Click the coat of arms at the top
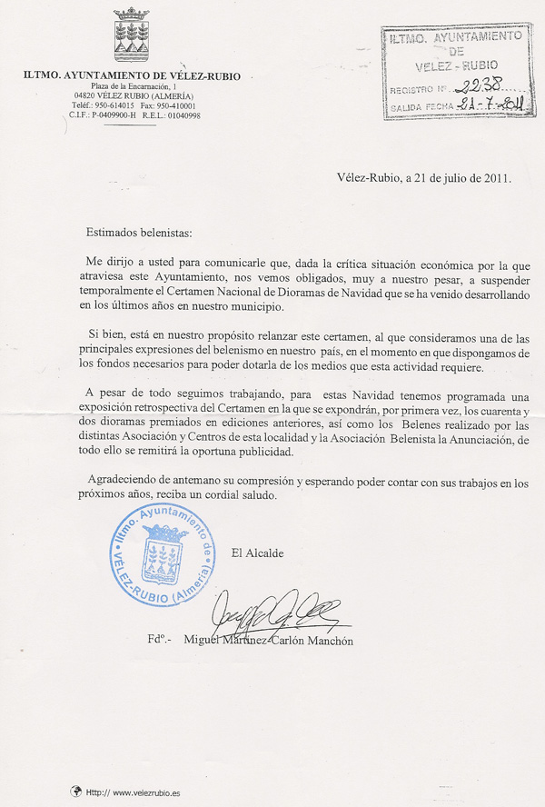pyautogui.click(x=132, y=36)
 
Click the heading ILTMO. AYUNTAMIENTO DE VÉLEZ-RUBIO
pyautogui.click(x=133, y=76)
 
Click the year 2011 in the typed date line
pyautogui.click(x=495, y=178)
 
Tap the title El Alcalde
pyautogui.click(x=258, y=553)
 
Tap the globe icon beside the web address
pyautogui.click(x=76, y=792)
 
